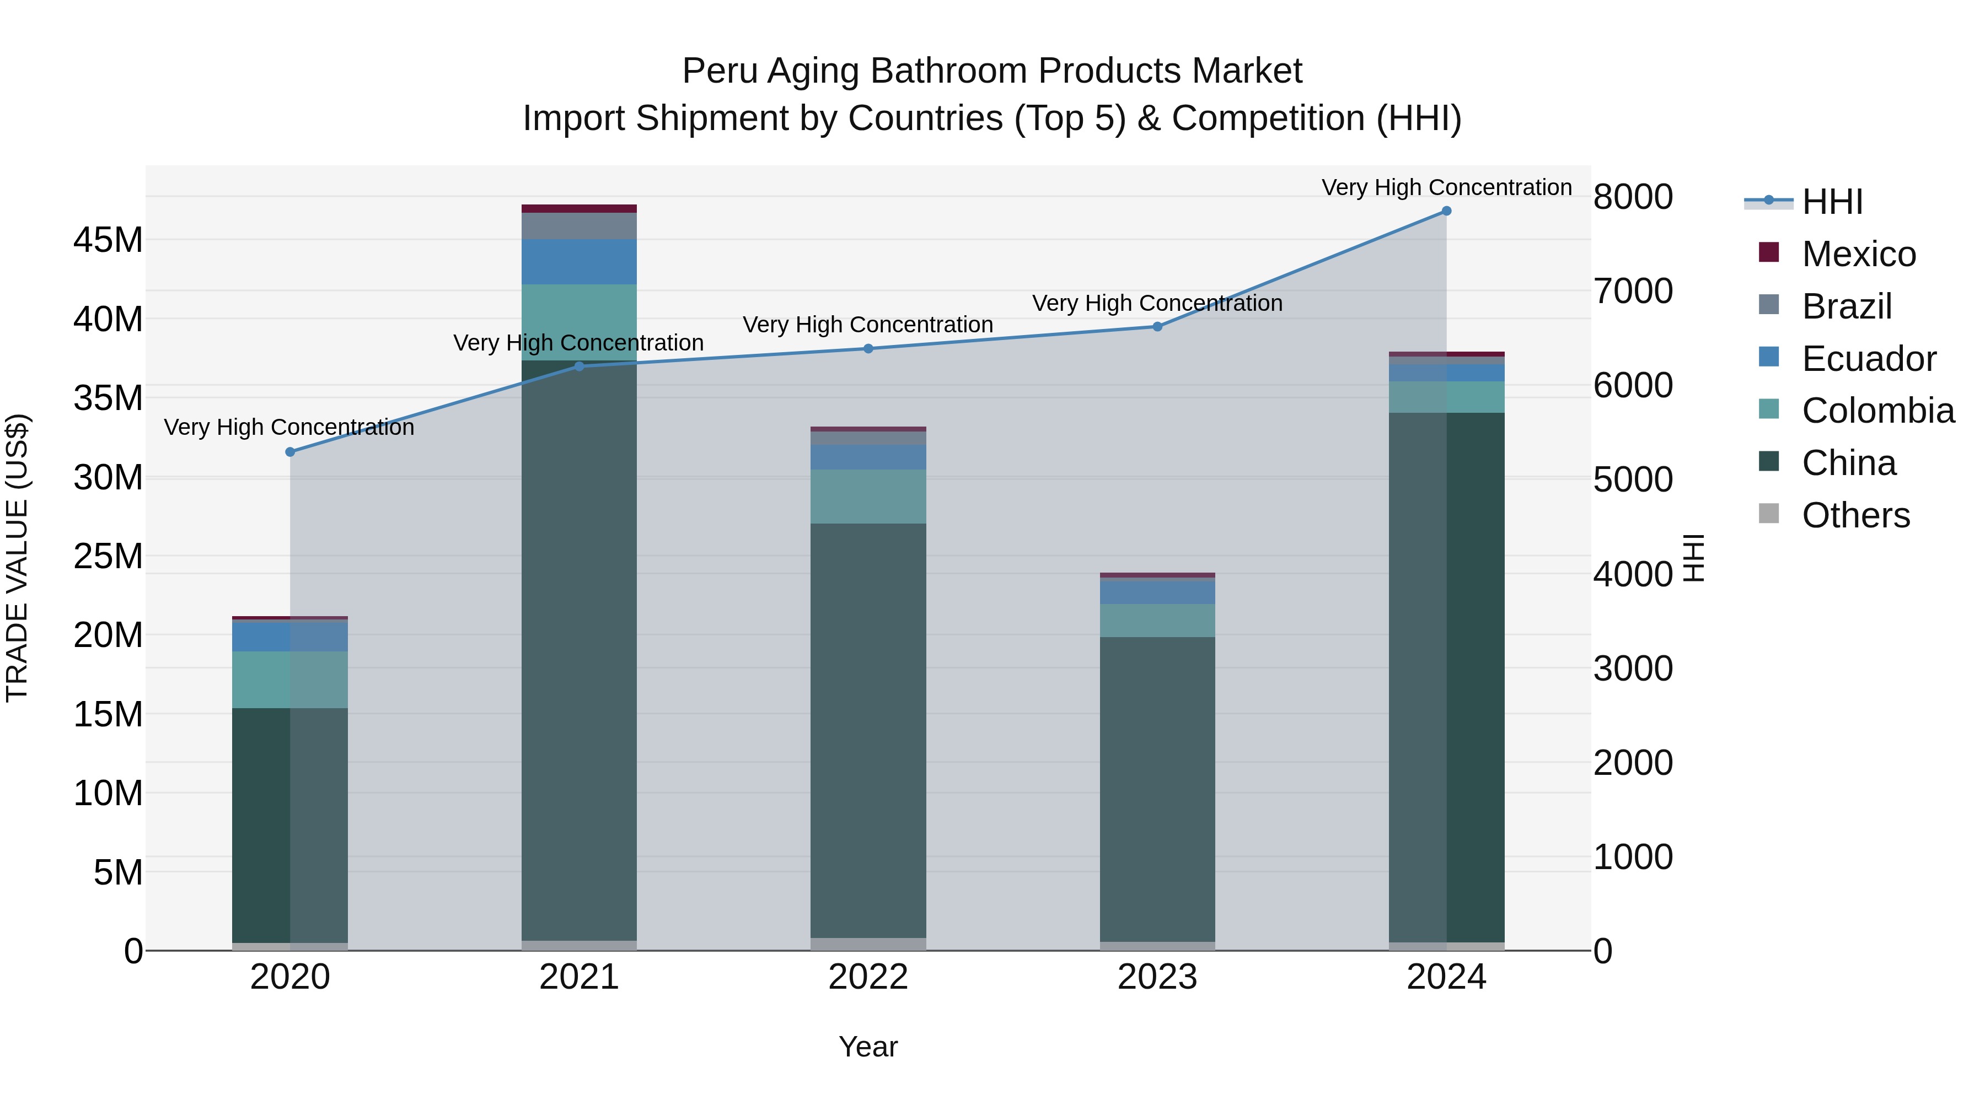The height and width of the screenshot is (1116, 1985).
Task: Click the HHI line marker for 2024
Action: click(x=1446, y=211)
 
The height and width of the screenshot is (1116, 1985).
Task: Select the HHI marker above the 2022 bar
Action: click(x=868, y=349)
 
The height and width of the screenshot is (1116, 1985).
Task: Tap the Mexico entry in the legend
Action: click(x=1858, y=254)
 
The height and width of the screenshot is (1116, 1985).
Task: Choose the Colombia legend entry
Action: click(x=1877, y=411)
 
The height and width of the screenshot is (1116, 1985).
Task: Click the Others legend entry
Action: click(x=1855, y=515)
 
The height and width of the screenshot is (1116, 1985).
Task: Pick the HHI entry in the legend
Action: click(x=1832, y=202)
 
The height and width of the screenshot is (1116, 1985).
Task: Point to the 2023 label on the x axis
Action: click(x=1157, y=977)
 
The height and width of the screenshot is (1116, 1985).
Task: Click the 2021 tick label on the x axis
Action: click(x=579, y=977)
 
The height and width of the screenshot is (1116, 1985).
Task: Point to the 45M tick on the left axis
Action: click(x=108, y=240)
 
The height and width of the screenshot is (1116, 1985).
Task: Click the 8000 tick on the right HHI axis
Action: click(x=1633, y=197)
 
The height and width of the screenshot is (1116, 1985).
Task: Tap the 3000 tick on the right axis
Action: click(x=1633, y=668)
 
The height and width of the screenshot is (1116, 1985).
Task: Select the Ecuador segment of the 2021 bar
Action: click(x=579, y=262)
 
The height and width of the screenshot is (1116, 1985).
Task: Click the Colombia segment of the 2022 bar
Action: click(x=868, y=497)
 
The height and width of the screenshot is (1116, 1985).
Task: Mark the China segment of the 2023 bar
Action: click(x=1157, y=785)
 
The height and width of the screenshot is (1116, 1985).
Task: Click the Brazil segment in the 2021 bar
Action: click(x=579, y=225)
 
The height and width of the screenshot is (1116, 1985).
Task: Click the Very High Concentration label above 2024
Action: click(x=1446, y=187)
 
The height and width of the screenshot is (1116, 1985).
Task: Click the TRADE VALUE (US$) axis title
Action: click(x=17, y=558)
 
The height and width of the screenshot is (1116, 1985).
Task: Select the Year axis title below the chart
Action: click(x=868, y=1047)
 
